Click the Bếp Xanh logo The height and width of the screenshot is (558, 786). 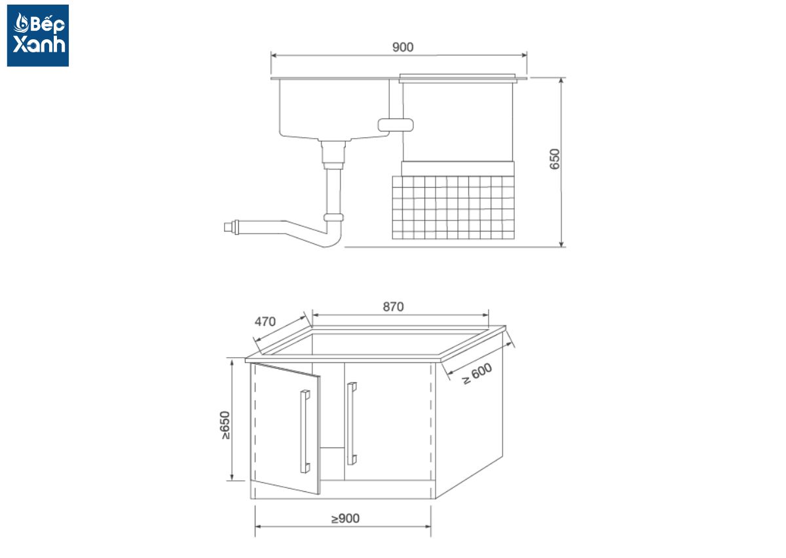[x=38, y=35]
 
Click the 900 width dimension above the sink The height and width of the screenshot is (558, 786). [x=402, y=47]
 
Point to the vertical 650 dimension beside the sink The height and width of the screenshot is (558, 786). [x=555, y=159]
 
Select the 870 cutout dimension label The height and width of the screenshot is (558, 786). [x=393, y=307]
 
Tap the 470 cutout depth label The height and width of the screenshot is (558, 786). [x=265, y=321]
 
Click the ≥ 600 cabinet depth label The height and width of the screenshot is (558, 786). [x=477, y=374]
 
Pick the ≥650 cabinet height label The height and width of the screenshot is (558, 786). [x=225, y=425]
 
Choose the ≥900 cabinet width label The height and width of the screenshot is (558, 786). [x=345, y=518]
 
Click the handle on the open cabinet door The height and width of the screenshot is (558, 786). [x=305, y=432]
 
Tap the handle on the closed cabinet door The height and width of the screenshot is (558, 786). [x=352, y=423]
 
